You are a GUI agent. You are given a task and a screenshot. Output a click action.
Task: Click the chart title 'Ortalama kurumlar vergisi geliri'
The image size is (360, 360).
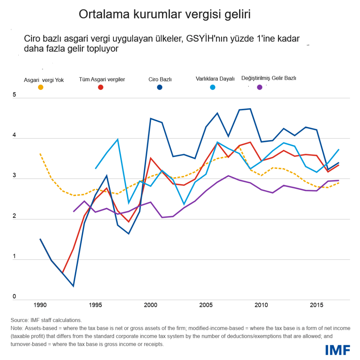(164, 14)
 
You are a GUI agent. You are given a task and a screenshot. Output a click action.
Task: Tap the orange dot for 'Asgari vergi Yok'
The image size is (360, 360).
(41, 87)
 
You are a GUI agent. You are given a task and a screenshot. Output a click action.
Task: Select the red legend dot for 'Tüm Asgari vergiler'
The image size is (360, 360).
(101, 87)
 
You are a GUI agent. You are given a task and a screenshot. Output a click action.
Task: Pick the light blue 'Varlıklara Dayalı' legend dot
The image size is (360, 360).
(213, 87)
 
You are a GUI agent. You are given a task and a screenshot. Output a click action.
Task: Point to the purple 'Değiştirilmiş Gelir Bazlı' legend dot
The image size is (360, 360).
(260, 87)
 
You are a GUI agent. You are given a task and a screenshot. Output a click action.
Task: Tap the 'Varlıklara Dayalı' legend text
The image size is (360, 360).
(215, 79)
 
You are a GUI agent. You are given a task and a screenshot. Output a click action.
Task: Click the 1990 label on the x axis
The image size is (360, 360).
(40, 305)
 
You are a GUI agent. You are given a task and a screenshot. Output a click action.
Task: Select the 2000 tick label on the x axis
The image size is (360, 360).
(151, 305)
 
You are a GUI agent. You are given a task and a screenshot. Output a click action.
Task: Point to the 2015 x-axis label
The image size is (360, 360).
(317, 305)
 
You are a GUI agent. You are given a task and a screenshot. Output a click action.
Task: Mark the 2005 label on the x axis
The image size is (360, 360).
(206, 305)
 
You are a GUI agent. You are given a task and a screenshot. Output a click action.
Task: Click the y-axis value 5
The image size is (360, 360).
(14, 95)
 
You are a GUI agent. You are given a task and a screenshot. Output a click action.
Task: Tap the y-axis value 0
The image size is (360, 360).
(14, 297)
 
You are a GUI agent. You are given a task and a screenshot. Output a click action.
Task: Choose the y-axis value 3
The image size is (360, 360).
(14, 175)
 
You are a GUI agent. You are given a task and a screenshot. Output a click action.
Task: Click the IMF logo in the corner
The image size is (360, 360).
(337, 349)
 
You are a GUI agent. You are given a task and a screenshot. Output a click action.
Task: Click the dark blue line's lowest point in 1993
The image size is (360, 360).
(73, 286)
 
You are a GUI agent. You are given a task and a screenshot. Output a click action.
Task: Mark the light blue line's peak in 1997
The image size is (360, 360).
(118, 140)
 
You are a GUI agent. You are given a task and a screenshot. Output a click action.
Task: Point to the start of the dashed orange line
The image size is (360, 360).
(40, 154)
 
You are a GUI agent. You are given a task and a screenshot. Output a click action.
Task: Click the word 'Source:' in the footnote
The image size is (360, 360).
(19, 320)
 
